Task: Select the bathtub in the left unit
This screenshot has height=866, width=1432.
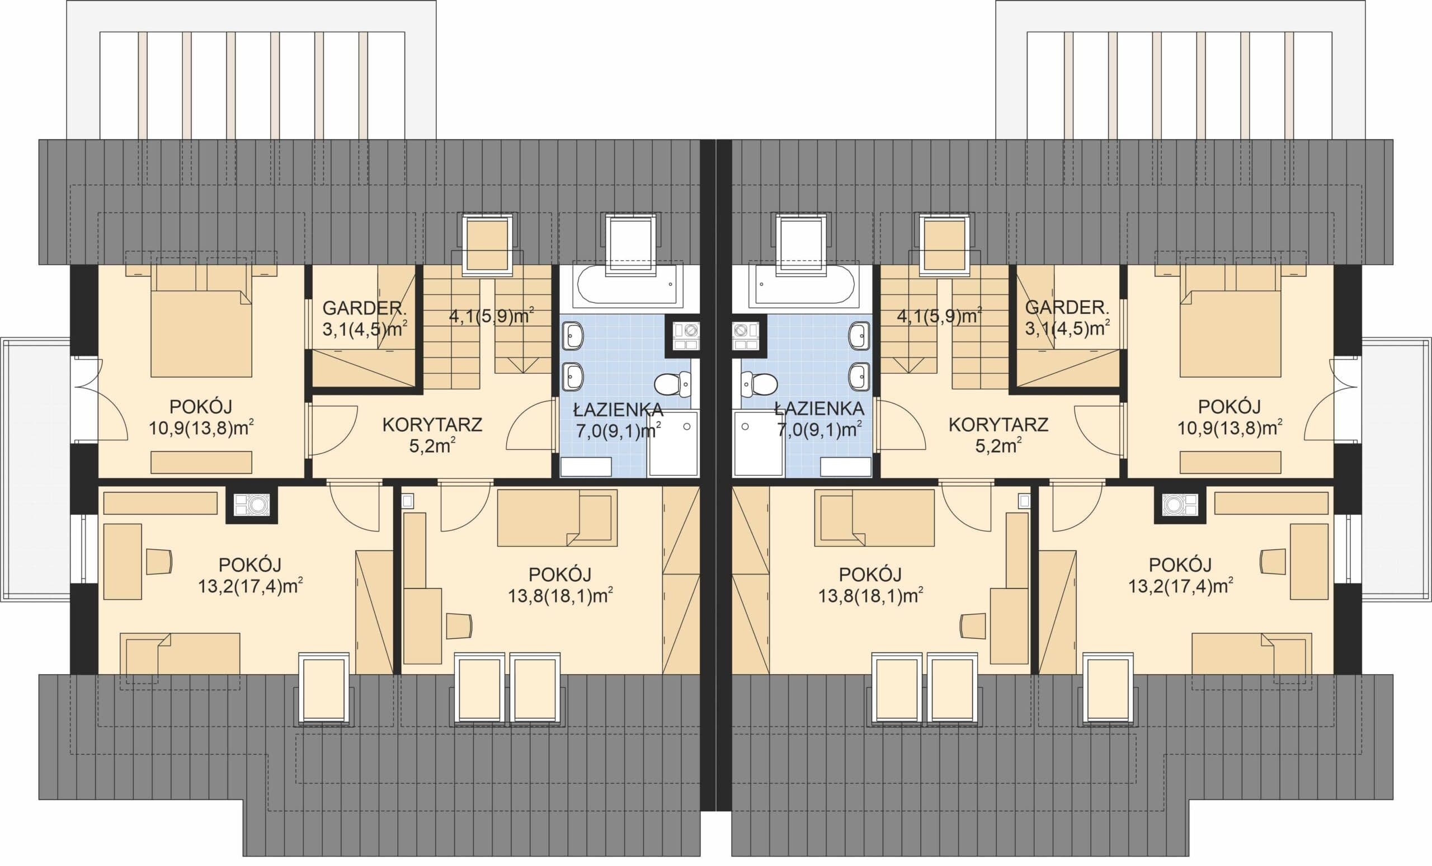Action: click(x=627, y=285)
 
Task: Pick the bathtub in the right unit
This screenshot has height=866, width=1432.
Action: click(x=804, y=285)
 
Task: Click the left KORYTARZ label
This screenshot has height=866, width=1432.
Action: click(x=432, y=425)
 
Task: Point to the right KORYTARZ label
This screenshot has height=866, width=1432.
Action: click(x=998, y=425)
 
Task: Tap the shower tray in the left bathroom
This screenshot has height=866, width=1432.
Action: click(x=673, y=444)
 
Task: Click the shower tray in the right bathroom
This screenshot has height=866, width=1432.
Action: click(x=759, y=444)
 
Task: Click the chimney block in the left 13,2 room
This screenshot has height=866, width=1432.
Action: click(x=252, y=505)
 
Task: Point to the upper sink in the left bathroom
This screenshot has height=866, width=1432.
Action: click(x=572, y=336)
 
